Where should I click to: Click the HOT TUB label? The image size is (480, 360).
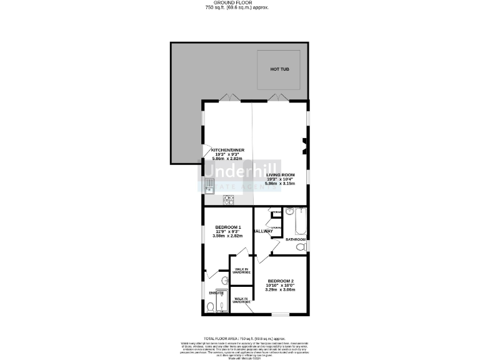[279, 69]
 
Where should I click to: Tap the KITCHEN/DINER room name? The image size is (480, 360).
[227, 151]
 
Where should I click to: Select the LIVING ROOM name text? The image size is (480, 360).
[280, 175]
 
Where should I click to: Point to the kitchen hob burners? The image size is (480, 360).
[229, 200]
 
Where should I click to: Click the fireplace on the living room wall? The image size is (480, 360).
[304, 146]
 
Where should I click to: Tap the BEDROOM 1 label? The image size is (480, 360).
[227, 227]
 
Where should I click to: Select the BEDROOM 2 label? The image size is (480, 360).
[279, 281]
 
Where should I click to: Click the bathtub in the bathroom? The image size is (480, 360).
[301, 221]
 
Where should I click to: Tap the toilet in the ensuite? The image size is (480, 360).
[211, 306]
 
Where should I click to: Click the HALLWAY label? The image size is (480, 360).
[263, 231]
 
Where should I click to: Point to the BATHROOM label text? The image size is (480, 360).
[296, 239]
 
